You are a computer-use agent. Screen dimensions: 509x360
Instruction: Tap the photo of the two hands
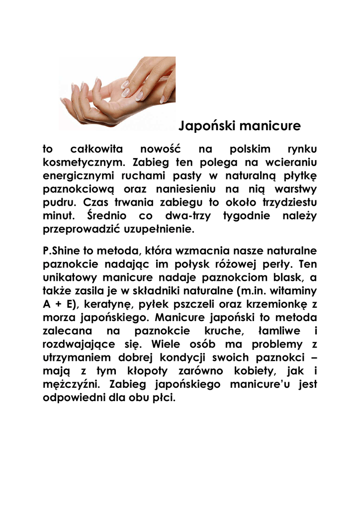tap(117, 93)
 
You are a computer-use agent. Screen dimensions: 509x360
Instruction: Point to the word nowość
tap(160, 149)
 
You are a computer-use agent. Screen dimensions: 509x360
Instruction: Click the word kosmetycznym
tap(81, 163)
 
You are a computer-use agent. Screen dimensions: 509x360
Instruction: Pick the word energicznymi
tap(80, 176)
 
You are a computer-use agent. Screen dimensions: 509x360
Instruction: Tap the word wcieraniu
tap(291, 163)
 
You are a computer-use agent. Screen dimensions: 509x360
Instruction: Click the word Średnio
tap(106, 216)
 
